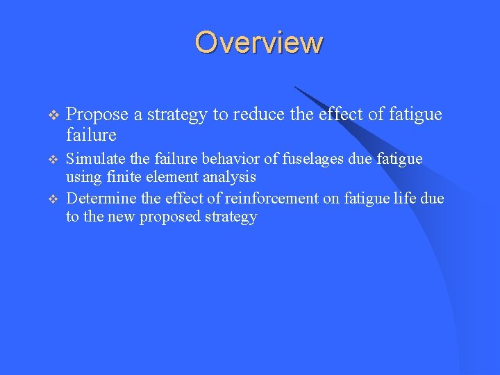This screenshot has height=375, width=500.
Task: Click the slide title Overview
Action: (x=258, y=42)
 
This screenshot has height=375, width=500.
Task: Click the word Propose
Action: (x=98, y=115)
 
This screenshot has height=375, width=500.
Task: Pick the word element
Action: (x=172, y=177)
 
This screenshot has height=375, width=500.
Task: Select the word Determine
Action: (x=101, y=199)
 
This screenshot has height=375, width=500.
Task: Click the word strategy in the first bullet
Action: (x=177, y=115)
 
